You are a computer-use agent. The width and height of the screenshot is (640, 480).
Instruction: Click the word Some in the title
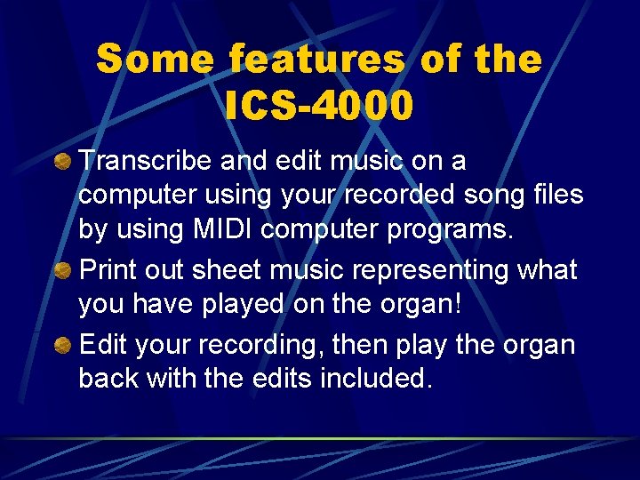pos(155,60)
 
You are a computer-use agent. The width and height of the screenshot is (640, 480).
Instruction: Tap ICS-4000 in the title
pos(319,106)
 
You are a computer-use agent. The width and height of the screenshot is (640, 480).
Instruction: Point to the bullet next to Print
pos(63,270)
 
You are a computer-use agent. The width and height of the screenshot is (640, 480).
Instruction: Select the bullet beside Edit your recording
pos(63,343)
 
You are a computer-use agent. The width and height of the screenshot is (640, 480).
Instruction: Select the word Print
pos(108,269)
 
